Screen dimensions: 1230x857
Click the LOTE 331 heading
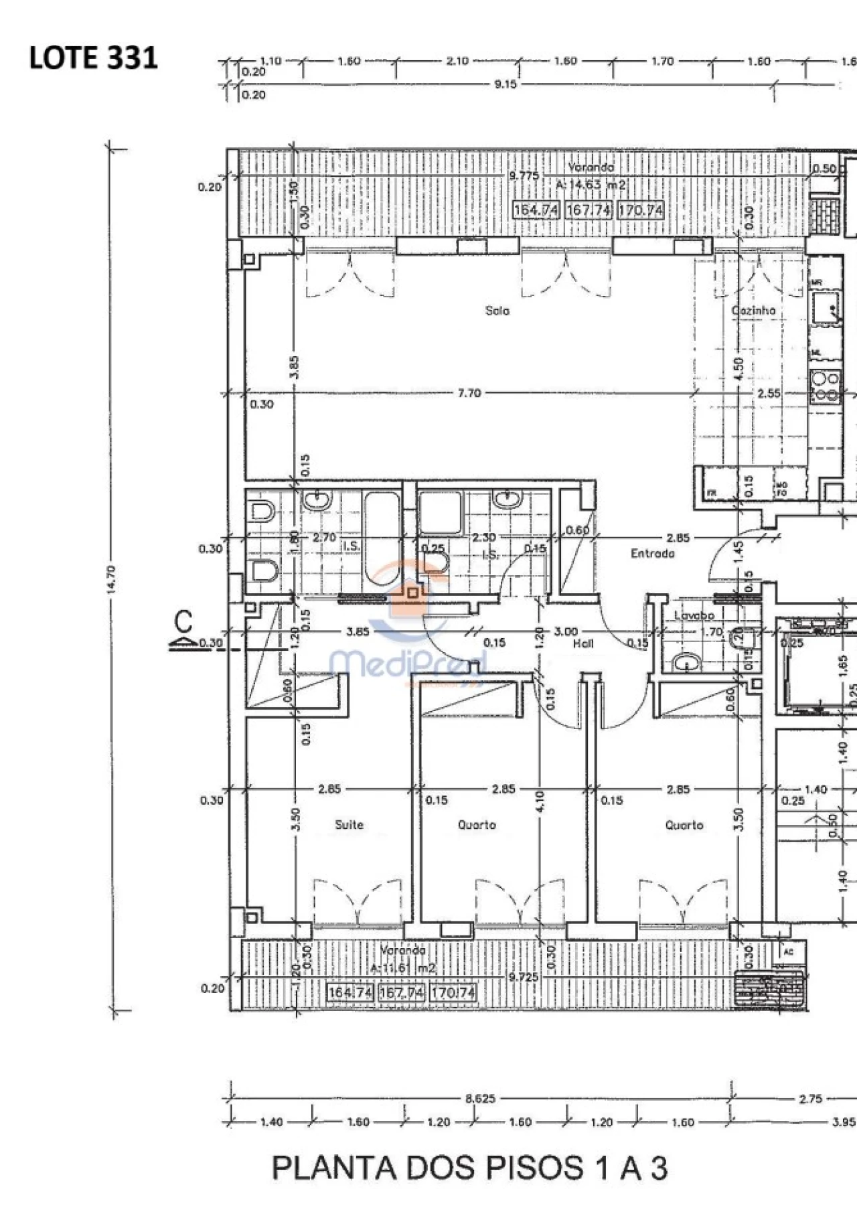[94, 58]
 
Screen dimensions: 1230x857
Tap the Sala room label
[497, 311]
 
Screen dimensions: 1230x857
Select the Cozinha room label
[753, 311]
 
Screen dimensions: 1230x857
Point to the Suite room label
[349, 825]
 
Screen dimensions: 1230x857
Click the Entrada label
[652, 554]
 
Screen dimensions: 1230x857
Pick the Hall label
[583, 643]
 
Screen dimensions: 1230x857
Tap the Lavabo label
[694, 615]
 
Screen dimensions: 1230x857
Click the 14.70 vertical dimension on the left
[111, 579]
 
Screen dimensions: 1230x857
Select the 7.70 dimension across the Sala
[469, 393]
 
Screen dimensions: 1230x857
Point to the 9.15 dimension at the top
[505, 84]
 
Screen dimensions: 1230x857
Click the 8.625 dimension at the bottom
[480, 1099]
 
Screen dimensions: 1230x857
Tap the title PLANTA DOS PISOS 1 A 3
[469, 1168]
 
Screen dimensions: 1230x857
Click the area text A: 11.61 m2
[403, 968]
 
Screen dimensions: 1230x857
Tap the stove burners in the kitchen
[825, 387]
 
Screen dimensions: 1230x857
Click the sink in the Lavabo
[686, 663]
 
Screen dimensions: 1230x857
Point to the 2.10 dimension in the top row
[457, 61]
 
